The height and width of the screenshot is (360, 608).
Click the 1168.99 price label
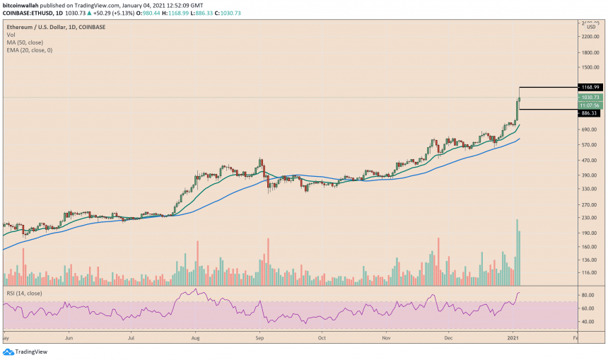click(590, 87)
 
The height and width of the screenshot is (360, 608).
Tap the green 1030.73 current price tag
click(590, 97)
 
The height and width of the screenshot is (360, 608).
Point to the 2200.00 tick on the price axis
click(590, 36)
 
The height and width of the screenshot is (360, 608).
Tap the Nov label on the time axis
click(386, 339)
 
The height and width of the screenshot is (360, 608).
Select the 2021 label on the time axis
click(514, 339)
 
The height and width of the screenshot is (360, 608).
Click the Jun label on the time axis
click(69, 339)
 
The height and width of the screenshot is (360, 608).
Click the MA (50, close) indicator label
click(25, 42)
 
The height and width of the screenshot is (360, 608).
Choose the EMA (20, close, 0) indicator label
click(30, 50)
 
